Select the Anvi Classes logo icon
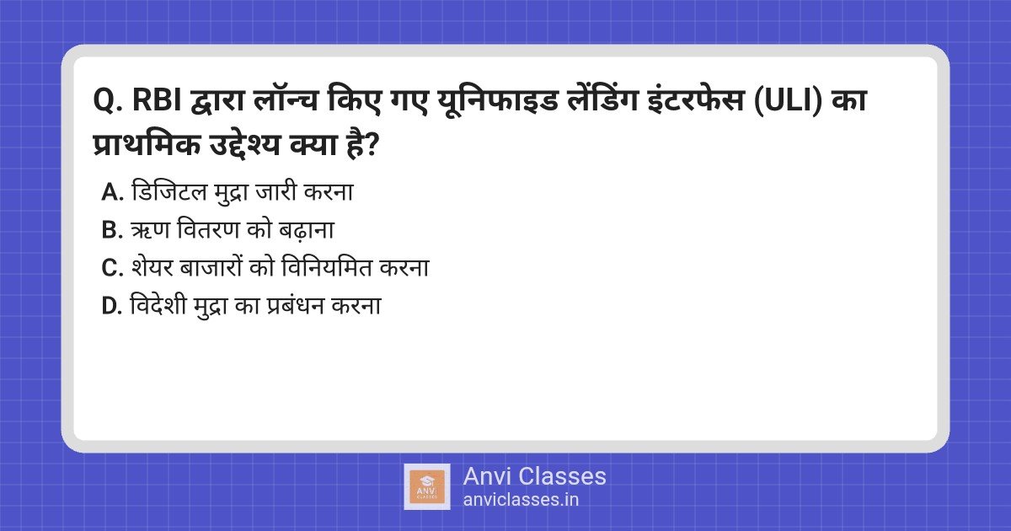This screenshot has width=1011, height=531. tap(426, 486)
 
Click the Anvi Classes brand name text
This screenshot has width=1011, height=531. tap(534, 476)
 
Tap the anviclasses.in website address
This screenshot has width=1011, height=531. tap(521, 499)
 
